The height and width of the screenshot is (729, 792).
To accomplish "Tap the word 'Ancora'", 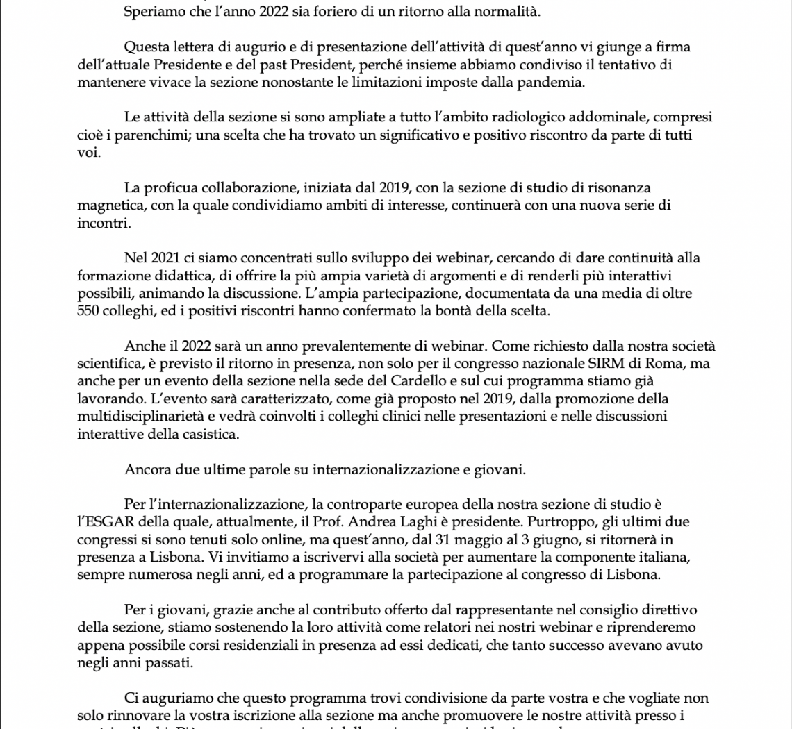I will click(146, 469).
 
